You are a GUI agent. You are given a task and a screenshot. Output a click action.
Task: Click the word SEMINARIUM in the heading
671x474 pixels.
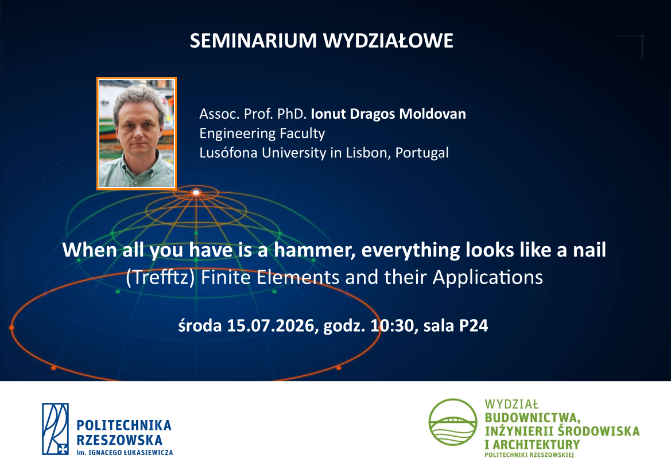pos(253,41)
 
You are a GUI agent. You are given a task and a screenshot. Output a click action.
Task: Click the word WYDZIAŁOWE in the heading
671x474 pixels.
pos(388,41)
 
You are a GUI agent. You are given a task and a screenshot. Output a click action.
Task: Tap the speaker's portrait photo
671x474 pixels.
pos(137,133)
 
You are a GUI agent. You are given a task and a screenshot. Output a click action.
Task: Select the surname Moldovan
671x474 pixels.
pos(432,114)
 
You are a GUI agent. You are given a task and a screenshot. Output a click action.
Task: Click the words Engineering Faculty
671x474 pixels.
pos(262,134)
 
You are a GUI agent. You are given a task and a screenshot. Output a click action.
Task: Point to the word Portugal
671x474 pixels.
pos(422,153)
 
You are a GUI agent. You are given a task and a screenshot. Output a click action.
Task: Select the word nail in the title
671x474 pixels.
pos(589,250)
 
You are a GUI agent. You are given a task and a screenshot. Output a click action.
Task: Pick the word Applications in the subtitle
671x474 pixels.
pos(488,277)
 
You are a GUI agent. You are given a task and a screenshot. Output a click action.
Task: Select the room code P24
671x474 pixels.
pos(474,325)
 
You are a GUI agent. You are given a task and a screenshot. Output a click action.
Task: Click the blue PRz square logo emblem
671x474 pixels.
pos(55,429)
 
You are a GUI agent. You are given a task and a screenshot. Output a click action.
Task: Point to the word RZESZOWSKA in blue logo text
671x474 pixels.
pos(119,440)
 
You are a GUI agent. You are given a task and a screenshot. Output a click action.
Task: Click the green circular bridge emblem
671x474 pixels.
pos(453,422)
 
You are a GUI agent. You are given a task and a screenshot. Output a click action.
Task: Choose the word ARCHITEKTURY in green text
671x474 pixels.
pos(537,445)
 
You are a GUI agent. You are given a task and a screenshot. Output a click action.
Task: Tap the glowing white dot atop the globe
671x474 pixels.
pos(196,192)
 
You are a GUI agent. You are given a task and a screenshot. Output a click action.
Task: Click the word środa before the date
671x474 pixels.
pos(200,325)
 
